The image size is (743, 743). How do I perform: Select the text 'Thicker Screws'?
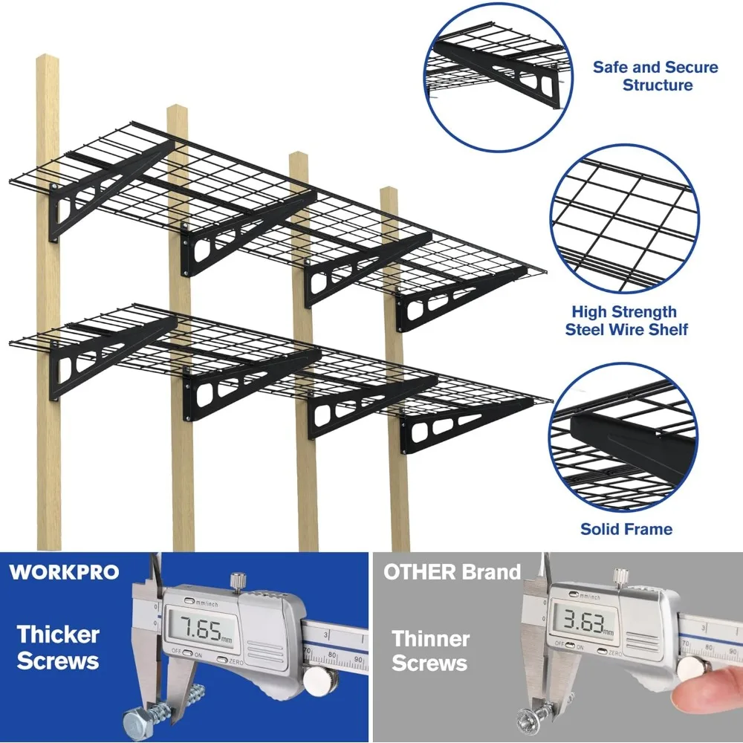[x=58, y=647]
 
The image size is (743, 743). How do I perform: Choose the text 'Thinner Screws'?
[x=430, y=651]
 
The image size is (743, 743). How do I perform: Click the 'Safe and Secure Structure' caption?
[x=655, y=76]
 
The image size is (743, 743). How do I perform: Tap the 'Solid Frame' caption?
[x=626, y=529]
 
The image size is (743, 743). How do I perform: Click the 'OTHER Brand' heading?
[x=452, y=572]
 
